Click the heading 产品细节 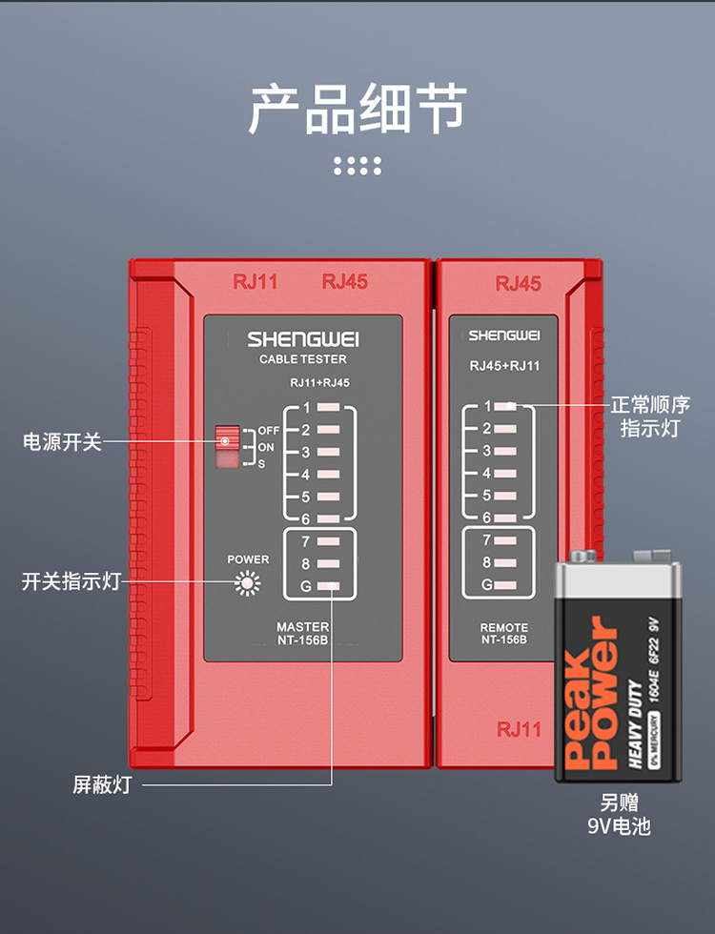pyautogui.click(x=357, y=108)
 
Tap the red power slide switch pyautogui.click(x=226, y=439)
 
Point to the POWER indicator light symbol pyautogui.click(x=248, y=583)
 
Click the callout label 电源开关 pyautogui.click(x=62, y=442)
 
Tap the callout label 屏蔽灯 pyautogui.click(x=102, y=785)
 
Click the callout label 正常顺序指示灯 pyautogui.click(x=652, y=416)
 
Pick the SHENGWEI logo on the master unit pyautogui.click(x=303, y=338)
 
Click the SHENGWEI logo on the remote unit pyautogui.click(x=504, y=335)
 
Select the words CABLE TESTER pyautogui.click(x=303, y=359)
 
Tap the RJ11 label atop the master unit pyautogui.click(x=255, y=281)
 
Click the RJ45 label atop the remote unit pyautogui.click(x=518, y=283)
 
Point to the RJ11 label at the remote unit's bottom pyautogui.click(x=519, y=729)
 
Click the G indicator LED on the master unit pyautogui.click(x=328, y=586)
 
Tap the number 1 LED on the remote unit pyautogui.click(x=505, y=406)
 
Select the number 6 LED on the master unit pyautogui.click(x=328, y=519)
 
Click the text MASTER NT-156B pyautogui.click(x=302, y=633)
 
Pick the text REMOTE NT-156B pyautogui.click(x=503, y=634)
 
